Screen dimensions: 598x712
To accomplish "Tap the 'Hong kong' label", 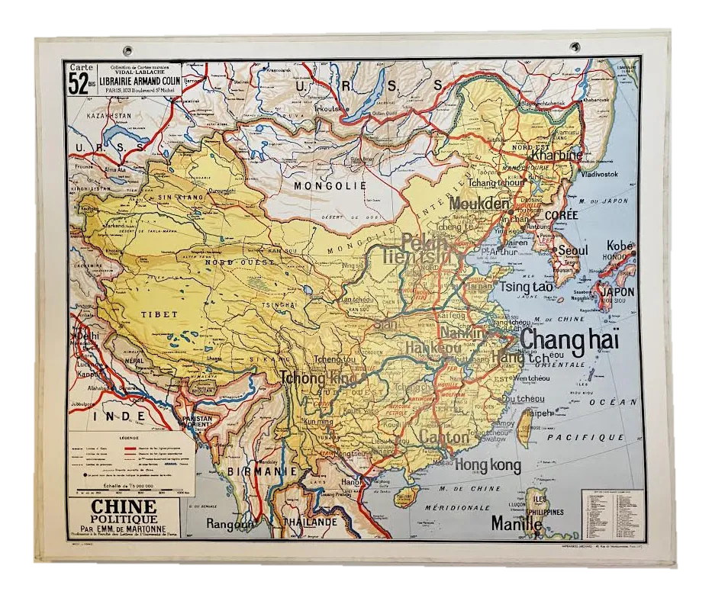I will [488, 465].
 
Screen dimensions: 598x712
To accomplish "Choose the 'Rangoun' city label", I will [229, 523].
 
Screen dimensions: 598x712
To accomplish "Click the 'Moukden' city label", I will [479, 204].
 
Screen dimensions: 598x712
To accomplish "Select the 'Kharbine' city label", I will [556, 155].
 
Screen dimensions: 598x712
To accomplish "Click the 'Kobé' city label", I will [620, 246].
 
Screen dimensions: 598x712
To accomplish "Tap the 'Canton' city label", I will [443, 438].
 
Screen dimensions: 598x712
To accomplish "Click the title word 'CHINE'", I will [124, 506].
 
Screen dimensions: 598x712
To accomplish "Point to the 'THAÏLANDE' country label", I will [309, 522].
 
